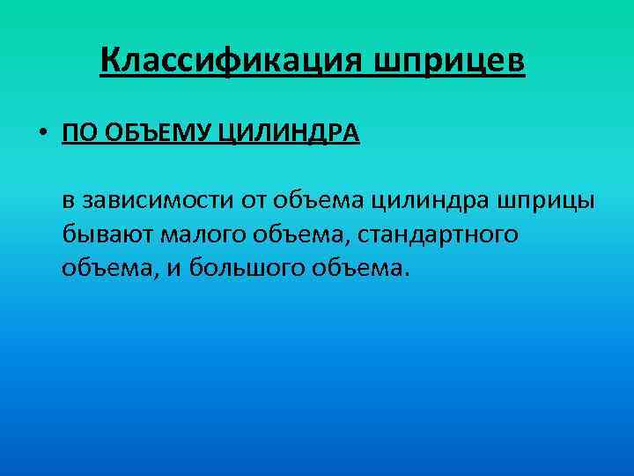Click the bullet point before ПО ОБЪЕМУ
(42, 133)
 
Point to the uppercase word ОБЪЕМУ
(156, 133)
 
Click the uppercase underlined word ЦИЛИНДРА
(288, 133)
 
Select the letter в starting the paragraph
(68, 201)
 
